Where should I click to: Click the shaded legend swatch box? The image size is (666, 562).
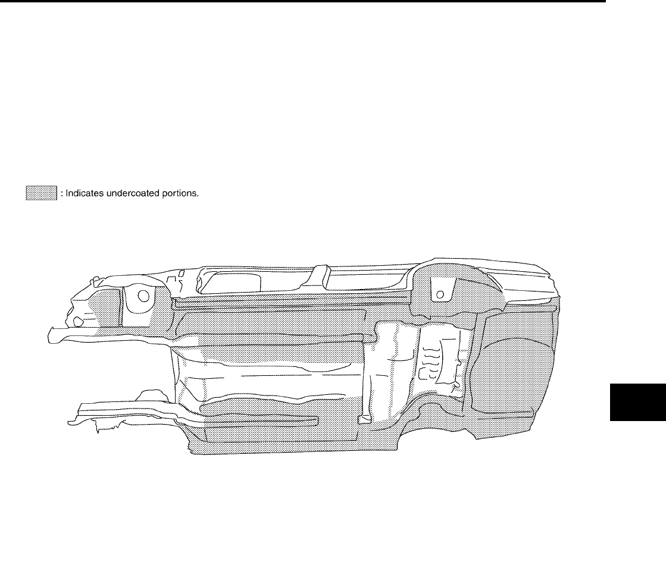pos(40,193)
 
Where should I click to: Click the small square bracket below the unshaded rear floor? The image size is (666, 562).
pos(362,419)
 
